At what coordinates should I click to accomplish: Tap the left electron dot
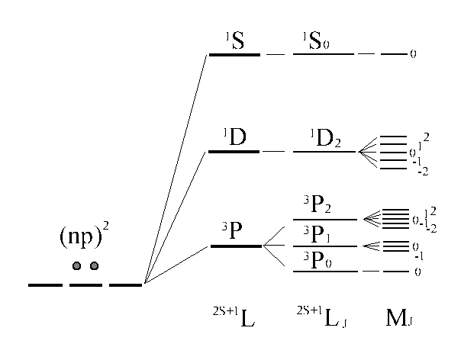tap(76, 266)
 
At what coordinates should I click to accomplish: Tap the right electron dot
tap(95, 266)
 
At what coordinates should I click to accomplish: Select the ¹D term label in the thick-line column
tap(233, 138)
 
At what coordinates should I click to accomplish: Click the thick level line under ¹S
tap(234, 55)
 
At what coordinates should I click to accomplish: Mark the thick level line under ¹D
tap(234, 152)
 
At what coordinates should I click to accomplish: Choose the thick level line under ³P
tap(235, 246)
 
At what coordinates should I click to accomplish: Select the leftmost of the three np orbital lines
tap(45, 285)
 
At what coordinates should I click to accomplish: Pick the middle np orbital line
tap(85, 285)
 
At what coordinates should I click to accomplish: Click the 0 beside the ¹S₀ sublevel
tap(413, 56)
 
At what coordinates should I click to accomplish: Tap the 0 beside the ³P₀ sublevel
tap(415, 272)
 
